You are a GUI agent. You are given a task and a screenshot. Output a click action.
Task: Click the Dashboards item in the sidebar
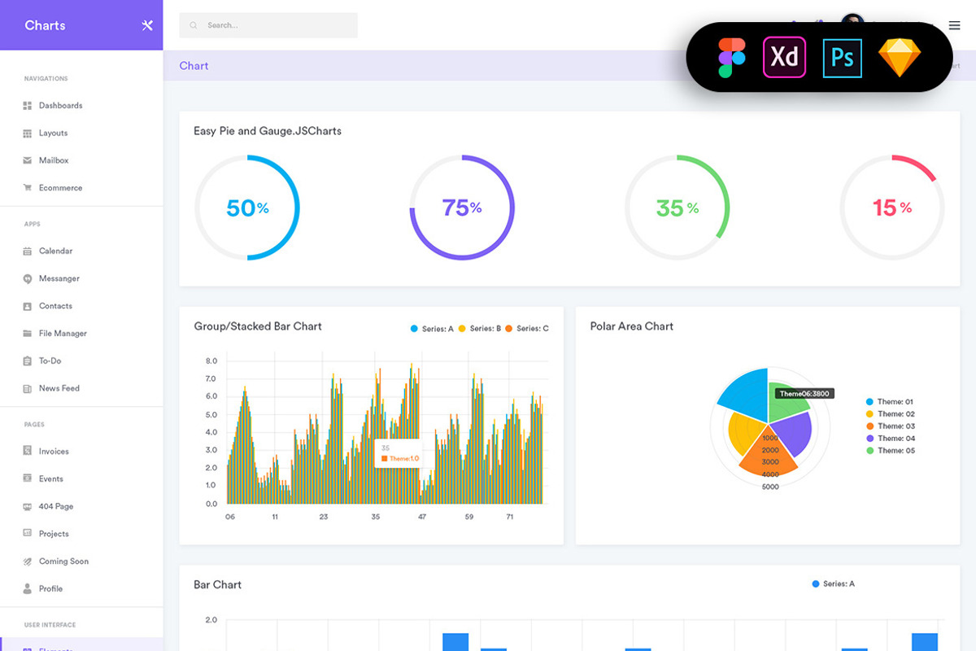60,106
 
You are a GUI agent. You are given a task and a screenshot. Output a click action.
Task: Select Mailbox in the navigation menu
54,160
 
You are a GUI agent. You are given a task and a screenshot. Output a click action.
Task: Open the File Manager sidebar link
63,334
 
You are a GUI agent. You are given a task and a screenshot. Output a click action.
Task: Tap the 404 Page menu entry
56,506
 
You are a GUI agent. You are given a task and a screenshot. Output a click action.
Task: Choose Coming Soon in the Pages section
63,561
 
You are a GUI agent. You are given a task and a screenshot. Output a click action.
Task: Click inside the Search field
268,25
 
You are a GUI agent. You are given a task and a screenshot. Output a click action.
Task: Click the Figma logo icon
731,57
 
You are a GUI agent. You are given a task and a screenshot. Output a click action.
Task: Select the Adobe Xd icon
784,57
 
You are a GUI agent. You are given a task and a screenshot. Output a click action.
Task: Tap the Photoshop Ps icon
842,57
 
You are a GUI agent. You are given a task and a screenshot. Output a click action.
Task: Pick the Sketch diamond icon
900,58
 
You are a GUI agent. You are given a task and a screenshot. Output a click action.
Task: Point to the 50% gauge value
247,208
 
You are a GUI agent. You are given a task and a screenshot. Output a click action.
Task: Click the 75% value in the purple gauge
462,208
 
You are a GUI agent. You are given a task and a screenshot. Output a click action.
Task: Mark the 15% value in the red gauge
891,208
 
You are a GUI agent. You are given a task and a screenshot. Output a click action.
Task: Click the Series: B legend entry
481,329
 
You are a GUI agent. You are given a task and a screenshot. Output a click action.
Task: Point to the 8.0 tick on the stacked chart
211,360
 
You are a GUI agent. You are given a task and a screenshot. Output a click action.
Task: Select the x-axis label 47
422,517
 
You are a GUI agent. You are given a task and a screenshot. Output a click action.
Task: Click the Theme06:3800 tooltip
804,394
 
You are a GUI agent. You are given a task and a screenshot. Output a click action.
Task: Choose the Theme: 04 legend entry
895,439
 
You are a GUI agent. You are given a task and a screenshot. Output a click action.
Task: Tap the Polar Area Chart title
631,326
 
